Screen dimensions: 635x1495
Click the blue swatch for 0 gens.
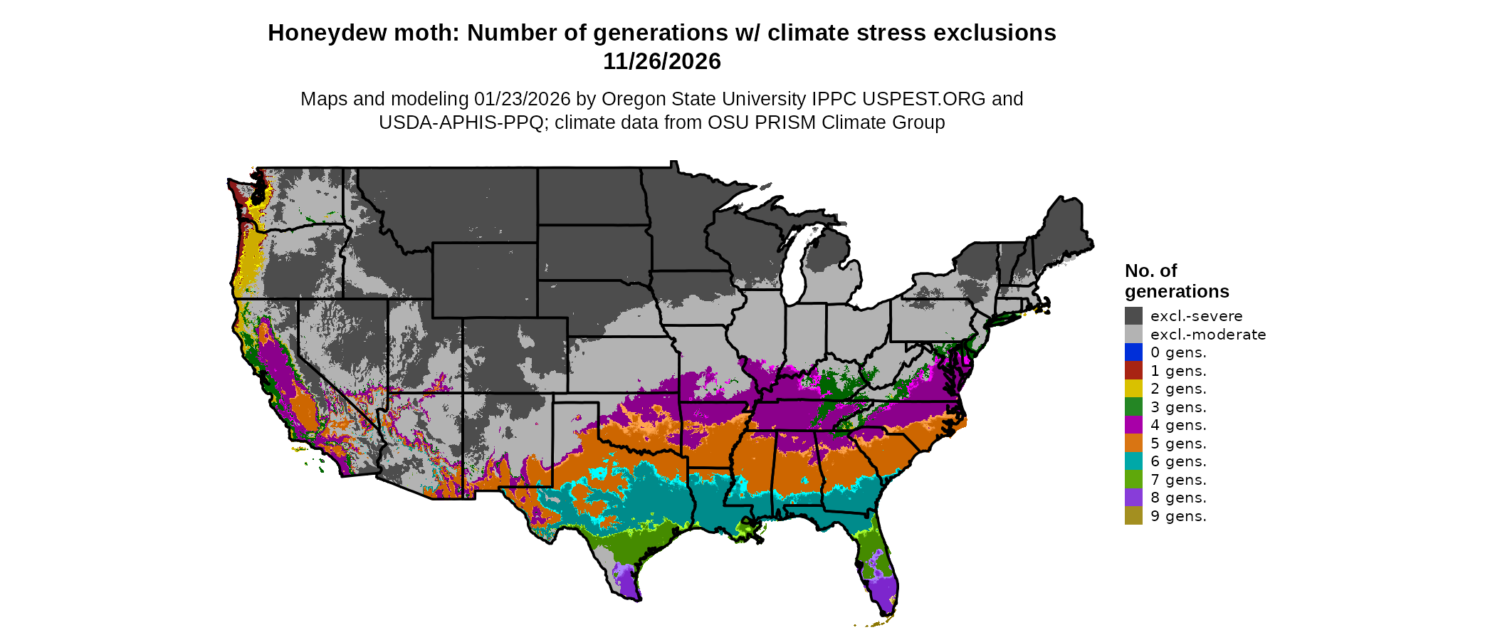[x=1133, y=352]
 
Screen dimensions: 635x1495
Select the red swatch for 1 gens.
[x=1133, y=370]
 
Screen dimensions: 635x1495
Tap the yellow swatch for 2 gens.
[x=1133, y=389]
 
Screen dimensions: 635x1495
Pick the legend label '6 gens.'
[x=1178, y=461]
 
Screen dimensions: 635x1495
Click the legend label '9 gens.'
[x=1178, y=516]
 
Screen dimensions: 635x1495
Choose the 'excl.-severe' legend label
[x=1196, y=316]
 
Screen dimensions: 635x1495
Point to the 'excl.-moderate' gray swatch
[x=1133, y=334]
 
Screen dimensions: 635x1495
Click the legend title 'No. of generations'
[x=1176, y=281]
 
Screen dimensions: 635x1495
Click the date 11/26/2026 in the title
[x=661, y=61]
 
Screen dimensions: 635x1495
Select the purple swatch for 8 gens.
[x=1133, y=498]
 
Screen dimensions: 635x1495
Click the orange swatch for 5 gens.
[x=1133, y=443]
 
